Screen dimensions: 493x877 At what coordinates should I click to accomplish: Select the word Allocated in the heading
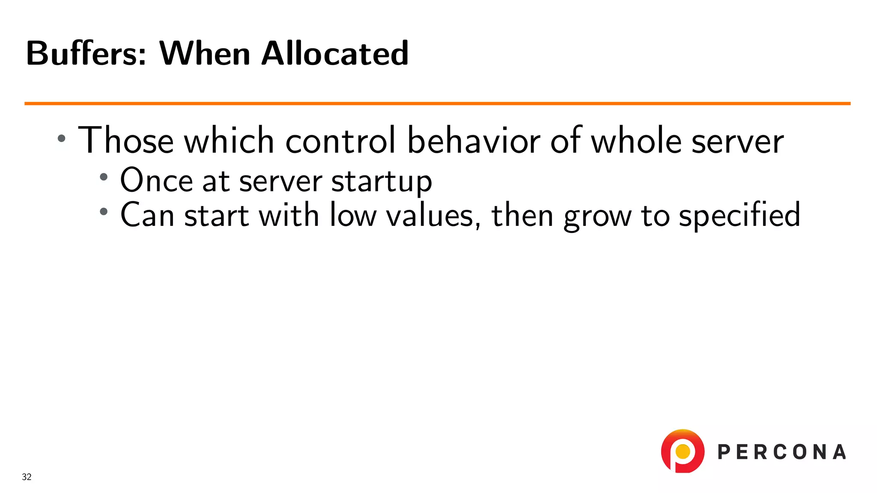tap(335, 53)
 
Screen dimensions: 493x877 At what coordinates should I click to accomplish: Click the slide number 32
tap(27, 477)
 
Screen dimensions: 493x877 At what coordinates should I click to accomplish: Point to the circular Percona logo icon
tap(683, 451)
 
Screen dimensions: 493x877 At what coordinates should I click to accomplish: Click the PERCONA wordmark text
tap(782, 452)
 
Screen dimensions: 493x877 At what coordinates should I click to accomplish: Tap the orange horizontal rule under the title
tap(437, 103)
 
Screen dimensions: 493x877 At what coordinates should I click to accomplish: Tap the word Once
tap(156, 181)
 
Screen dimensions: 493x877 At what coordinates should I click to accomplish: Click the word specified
tap(740, 215)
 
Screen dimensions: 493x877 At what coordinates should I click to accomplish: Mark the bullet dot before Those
tap(62, 138)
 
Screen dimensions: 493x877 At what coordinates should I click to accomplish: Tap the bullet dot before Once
tap(104, 177)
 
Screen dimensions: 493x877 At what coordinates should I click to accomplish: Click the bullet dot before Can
tap(104, 211)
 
